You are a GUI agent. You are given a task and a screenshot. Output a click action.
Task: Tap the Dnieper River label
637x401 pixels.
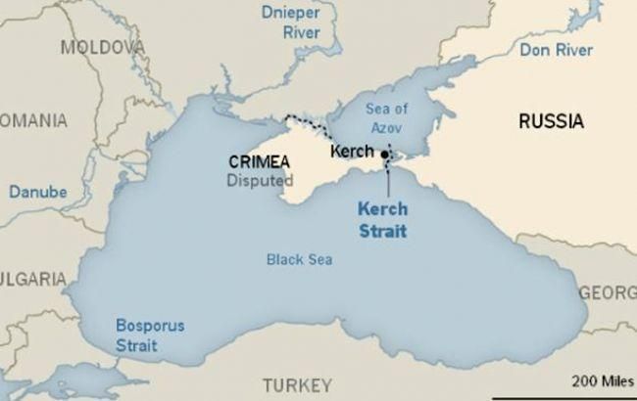tap(290, 22)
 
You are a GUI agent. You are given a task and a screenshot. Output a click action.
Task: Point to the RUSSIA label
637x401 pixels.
tap(552, 122)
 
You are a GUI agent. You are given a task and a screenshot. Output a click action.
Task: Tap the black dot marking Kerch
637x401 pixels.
tap(385, 155)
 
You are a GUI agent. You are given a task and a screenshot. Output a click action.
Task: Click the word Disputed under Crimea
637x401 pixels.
tap(260, 180)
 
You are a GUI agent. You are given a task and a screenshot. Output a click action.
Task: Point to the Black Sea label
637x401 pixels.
tap(299, 259)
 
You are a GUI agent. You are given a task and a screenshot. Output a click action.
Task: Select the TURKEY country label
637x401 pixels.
tap(297, 382)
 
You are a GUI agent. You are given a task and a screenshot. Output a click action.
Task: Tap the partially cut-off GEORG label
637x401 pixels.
tap(608, 293)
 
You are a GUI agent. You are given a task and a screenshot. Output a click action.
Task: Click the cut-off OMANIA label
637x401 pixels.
tap(33, 120)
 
